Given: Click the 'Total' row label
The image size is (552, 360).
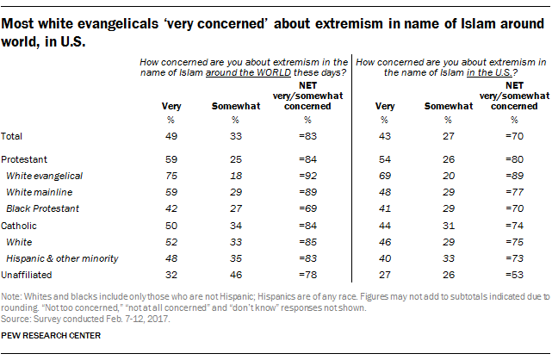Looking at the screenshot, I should coord(14,136).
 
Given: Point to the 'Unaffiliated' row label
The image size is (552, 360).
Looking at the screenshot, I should coord(26,276).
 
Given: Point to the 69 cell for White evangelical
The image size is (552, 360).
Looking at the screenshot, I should coord(384,175).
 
